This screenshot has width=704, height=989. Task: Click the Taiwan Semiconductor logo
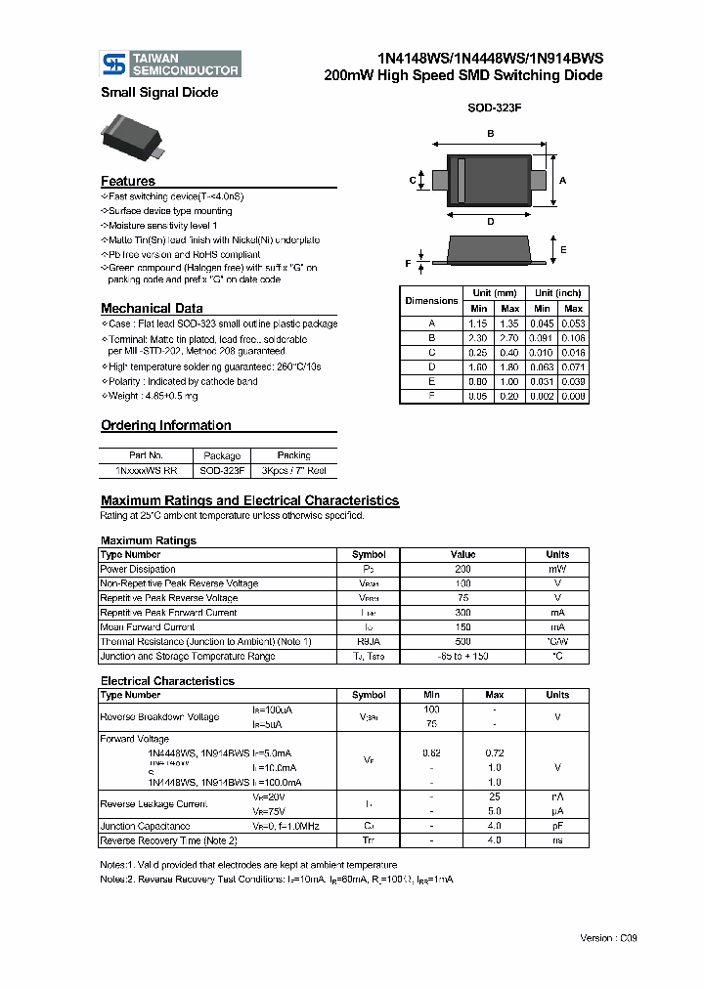(171, 64)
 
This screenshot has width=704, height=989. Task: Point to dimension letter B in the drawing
(490, 133)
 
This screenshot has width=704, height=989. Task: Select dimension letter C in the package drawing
(412, 181)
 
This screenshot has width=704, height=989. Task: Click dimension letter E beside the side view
(563, 249)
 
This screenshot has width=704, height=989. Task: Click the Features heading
(127, 181)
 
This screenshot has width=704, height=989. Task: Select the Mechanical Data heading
(152, 308)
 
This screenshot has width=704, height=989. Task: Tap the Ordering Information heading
(166, 425)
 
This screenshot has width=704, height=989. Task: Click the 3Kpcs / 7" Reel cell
(293, 470)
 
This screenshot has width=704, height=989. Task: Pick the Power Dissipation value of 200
(462, 569)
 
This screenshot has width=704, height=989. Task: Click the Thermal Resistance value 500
(462, 641)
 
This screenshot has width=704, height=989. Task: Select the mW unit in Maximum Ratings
(557, 569)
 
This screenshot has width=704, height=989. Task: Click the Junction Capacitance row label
(145, 826)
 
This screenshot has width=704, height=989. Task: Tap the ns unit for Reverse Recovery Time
(557, 840)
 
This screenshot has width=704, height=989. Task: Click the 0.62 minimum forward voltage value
(431, 753)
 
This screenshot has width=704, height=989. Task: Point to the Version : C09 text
(607, 937)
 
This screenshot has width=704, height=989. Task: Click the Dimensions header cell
(431, 300)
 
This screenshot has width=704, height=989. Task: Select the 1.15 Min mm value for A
(478, 322)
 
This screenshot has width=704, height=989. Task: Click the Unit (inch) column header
(557, 293)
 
